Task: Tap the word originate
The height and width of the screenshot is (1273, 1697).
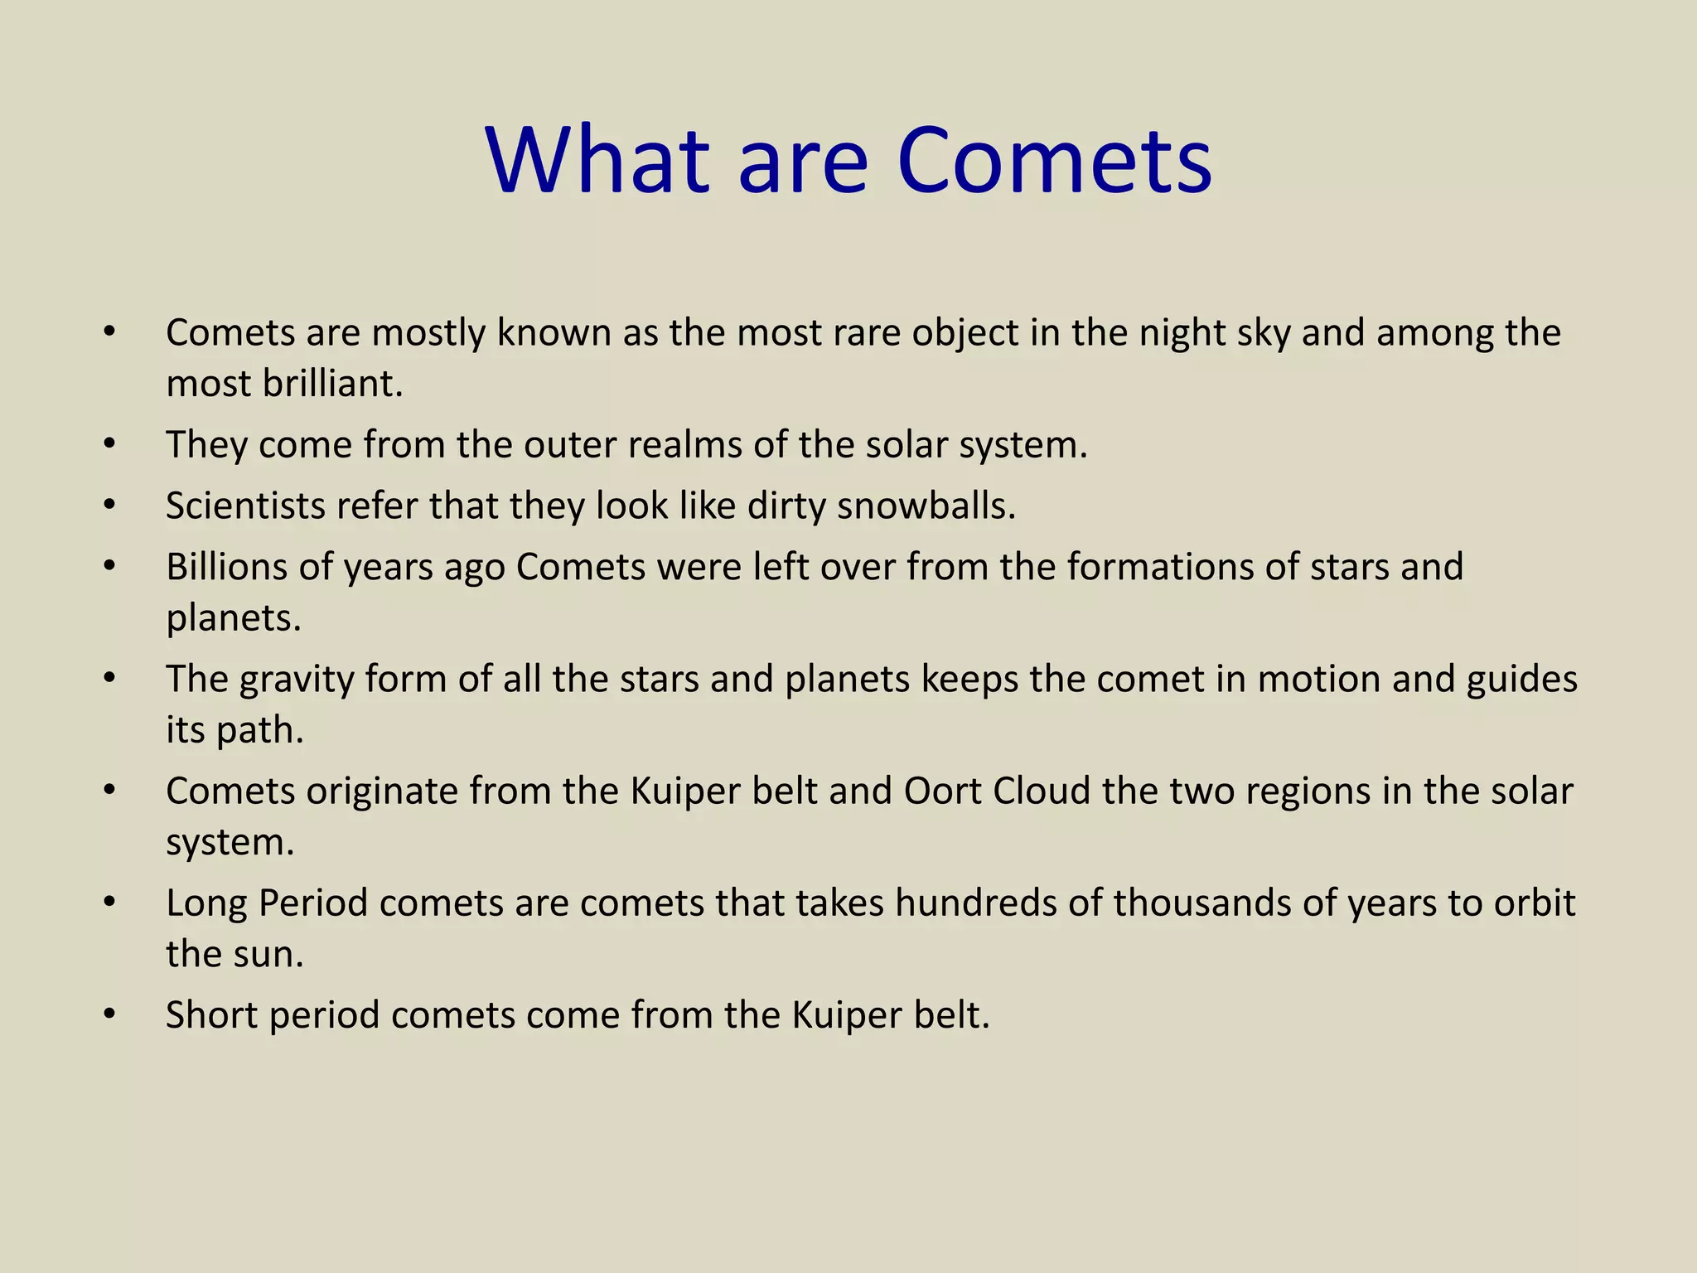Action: click(x=382, y=791)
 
